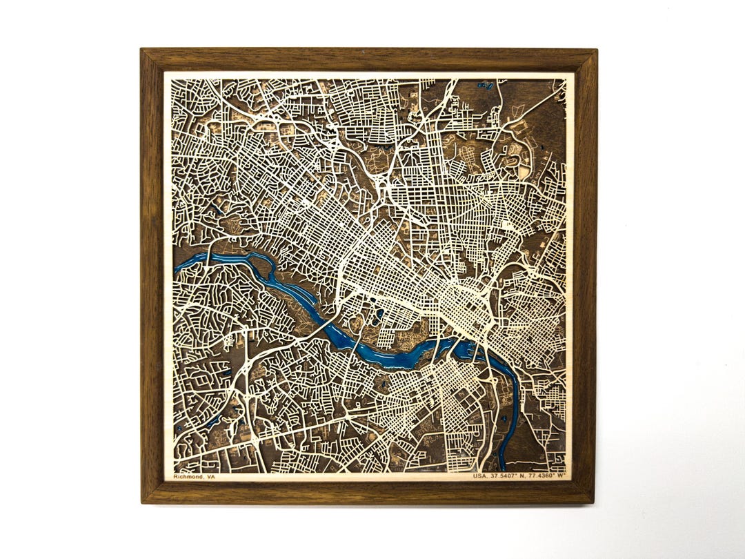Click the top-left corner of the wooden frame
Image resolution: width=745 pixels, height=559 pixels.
point(142,50)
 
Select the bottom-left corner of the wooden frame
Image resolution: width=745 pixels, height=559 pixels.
point(143,502)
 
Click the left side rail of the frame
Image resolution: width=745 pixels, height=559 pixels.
point(152,276)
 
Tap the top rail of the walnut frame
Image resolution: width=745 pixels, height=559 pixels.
point(369,59)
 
